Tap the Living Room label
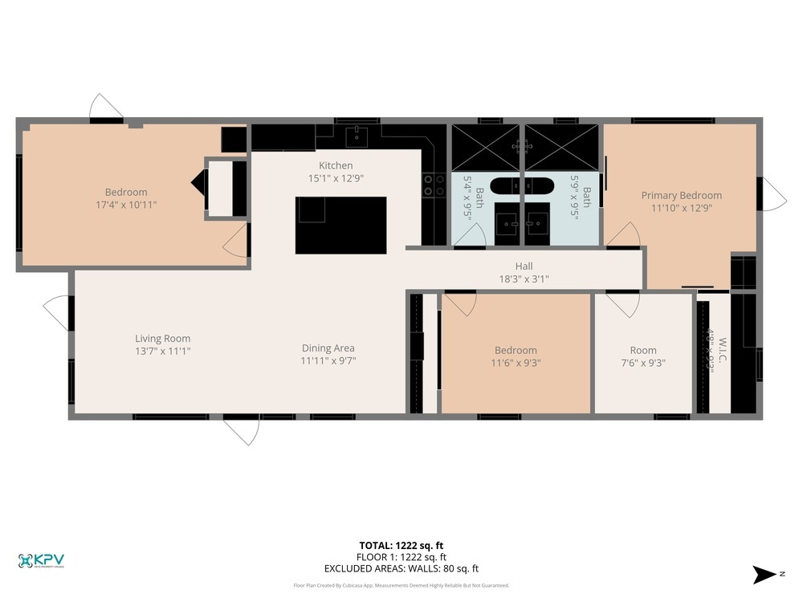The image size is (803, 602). tap(162, 339)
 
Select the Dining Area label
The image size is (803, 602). tap(328, 348)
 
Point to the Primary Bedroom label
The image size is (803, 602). tap(681, 195)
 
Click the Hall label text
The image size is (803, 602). tap(524, 266)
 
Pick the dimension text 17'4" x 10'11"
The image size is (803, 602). tap(125, 205)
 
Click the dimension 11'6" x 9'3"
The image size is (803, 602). tap(516, 363)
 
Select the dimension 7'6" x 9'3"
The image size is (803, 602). tap(642, 363)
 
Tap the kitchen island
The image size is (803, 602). tap(340, 225)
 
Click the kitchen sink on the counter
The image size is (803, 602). tap(357, 136)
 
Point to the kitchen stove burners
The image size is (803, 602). tap(434, 185)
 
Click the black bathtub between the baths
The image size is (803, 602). tap(522, 187)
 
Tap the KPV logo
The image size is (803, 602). tap(41, 560)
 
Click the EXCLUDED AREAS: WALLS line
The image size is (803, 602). tap(401, 568)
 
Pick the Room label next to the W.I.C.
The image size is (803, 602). tap(642, 350)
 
